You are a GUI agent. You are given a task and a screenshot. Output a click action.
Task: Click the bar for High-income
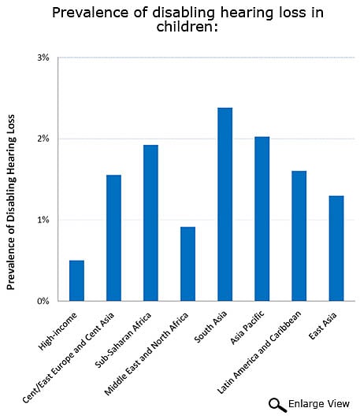pos(76,280)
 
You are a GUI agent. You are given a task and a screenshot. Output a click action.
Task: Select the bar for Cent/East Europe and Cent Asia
pos(113,238)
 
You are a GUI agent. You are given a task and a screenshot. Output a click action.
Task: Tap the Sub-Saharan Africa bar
pos(150,223)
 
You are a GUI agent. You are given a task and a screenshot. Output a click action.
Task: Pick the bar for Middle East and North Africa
pos(187,264)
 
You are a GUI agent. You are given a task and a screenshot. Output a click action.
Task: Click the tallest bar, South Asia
pos(225,204)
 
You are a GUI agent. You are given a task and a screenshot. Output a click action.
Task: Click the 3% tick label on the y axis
pos(43,57)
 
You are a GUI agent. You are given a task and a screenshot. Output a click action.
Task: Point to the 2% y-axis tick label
pos(43,139)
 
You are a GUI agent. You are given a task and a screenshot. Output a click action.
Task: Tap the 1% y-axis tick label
pos(43,220)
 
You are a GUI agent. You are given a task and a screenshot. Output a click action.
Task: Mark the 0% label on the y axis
pos(43,301)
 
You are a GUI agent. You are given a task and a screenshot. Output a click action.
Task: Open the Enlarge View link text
pos(319,404)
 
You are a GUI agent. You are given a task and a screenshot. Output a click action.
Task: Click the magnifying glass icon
pos(277,404)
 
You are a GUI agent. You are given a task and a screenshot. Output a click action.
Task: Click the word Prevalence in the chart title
pos(85,13)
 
